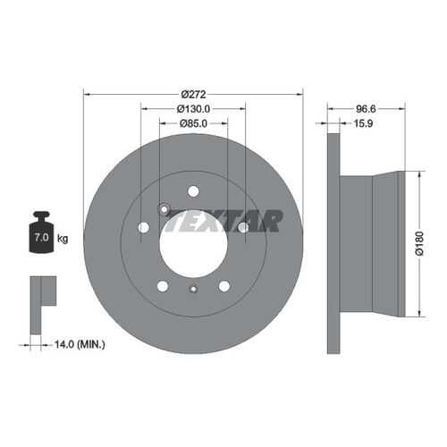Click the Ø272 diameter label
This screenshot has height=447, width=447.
193,95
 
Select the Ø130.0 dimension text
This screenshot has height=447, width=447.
193,109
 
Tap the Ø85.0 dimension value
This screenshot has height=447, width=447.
193,123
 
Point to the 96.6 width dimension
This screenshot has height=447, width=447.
366,109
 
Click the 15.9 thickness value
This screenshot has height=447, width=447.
363,123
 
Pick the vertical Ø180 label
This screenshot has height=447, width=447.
419,243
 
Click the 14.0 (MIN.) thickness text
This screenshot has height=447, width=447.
80,345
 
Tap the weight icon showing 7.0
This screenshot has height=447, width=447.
41,232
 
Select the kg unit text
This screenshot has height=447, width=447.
63,239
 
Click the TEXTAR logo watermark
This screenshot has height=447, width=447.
223,221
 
